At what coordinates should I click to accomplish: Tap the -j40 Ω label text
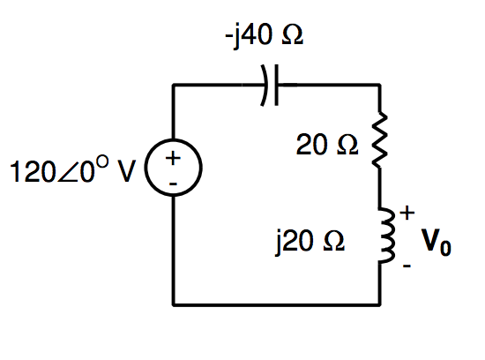(x=271, y=38)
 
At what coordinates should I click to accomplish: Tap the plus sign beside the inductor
(x=407, y=213)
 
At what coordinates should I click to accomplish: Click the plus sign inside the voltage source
(x=174, y=158)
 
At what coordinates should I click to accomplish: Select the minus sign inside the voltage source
(x=174, y=181)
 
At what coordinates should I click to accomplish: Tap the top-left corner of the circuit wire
(x=175, y=86)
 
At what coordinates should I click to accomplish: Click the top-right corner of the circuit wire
(x=380, y=86)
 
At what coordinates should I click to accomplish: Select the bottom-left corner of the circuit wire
(x=175, y=304)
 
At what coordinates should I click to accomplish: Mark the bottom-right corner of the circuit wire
(x=380, y=304)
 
